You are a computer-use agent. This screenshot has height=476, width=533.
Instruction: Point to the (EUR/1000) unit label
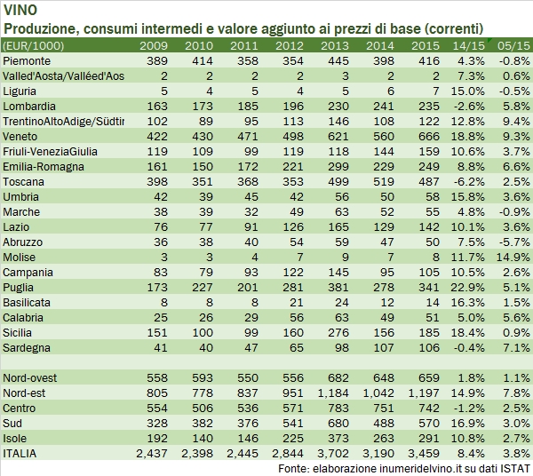point(35,44)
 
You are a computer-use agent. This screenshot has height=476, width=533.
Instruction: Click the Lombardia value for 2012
point(290,106)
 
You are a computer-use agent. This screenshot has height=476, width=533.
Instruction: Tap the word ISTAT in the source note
point(513,468)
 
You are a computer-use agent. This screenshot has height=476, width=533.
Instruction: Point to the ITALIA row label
point(21,454)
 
